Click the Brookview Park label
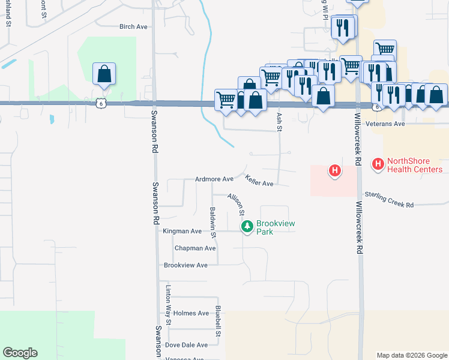point(273,227)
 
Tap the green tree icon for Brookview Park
point(247,226)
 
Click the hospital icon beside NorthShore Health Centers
point(378,163)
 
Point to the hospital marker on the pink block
point(335,170)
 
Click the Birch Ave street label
point(133,26)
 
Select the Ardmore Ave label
point(214,179)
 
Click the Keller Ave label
point(259,179)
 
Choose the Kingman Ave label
point(182,231)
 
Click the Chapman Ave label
point(194,248)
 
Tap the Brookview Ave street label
point(185,265)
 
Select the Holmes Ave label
point(191,313)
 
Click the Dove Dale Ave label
point(186,345)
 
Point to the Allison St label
point(236,204)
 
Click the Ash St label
point(279,121)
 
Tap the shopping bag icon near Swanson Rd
point(104,74)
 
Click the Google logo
point(20,353)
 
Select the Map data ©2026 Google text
point(411,355)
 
